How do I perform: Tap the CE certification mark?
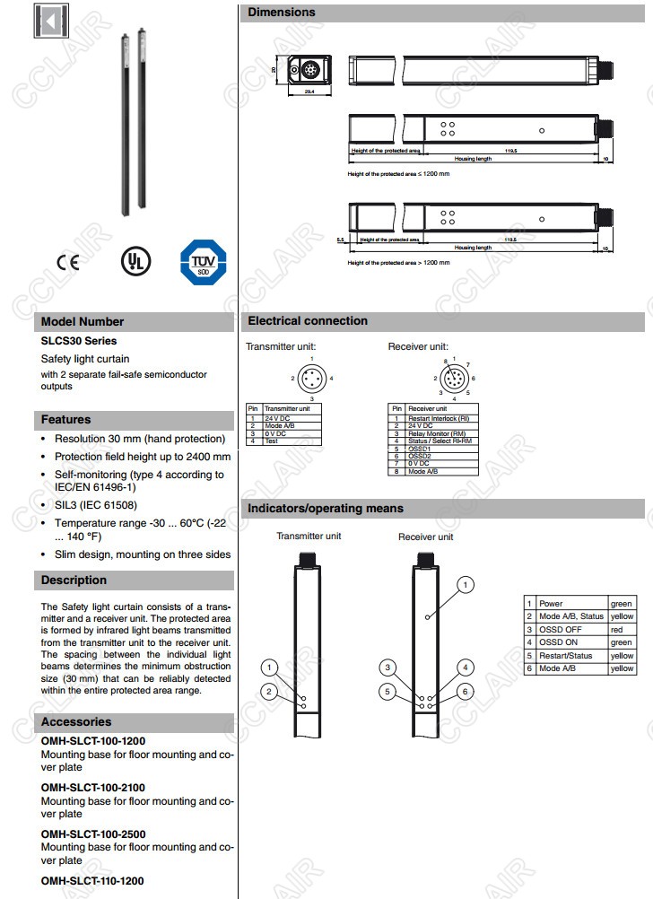[67, 262]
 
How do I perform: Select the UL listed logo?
[136, 260]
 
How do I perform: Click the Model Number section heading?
[83, 321]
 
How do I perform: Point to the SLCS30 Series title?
[79, 341]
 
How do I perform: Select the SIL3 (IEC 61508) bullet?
[96, 505]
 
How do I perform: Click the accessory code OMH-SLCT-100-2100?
[93, 788]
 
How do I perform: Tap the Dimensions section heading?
[282, 13]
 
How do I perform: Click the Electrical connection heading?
[308, 320]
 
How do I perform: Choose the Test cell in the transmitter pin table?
[271, 441]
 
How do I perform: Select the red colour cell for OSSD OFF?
[616, 630]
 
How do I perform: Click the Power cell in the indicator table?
[552, 604]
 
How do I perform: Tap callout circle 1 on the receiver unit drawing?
[466, 585]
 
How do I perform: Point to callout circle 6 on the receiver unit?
[466, 692]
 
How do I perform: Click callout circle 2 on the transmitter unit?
[267, 691]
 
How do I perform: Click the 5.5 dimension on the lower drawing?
[340, 240]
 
